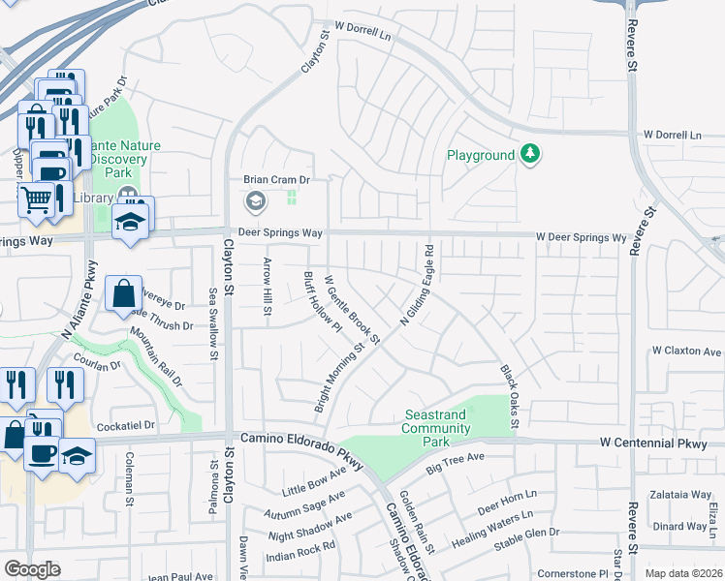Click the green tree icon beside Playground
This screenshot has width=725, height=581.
coord(529,154)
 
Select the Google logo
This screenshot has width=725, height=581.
coord(33,569)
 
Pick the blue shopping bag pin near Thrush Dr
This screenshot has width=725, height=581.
coord(125,292)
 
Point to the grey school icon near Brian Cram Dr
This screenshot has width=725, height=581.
coord(256,201)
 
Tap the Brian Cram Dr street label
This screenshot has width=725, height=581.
coord(275,180)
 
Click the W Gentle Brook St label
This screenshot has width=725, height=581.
coord(353,308)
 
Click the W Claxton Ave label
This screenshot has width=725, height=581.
coord(686,351)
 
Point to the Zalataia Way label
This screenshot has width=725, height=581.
coord(680,493)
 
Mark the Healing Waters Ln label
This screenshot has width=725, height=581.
coord(493,531)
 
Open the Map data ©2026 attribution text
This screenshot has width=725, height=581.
coord(683,573)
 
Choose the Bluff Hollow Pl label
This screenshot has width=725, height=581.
coord(323,300)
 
